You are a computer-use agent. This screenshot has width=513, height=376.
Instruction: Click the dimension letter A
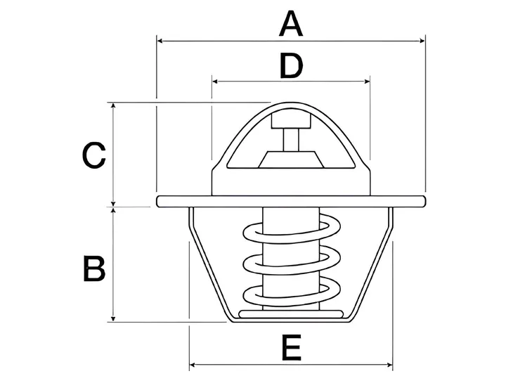[290, 24]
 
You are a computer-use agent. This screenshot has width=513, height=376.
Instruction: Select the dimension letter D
[290, 66]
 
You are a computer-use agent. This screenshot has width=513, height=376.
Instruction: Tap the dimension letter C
[93, 155]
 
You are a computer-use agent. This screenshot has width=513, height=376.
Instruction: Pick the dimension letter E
[290, 347]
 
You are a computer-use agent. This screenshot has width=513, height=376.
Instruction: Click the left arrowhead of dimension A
[160, 41]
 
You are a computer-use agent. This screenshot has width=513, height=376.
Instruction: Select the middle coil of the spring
[290, 264]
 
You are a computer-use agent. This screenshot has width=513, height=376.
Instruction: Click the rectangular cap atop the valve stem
[290, 120]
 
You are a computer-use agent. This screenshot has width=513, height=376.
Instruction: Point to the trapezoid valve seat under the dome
[290, 160]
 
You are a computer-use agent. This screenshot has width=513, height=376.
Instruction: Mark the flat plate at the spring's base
[290, 313]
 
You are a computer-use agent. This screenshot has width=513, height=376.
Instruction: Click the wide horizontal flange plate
[290, 201]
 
